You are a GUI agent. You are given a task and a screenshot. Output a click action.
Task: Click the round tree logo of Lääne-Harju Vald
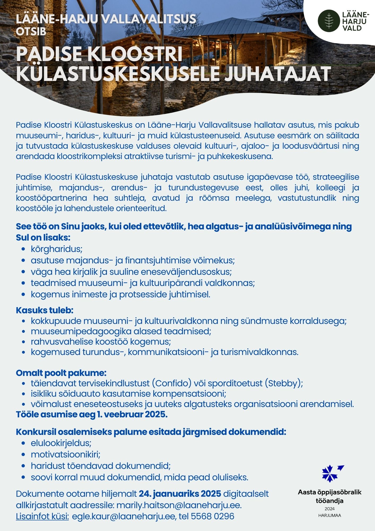[329, 21]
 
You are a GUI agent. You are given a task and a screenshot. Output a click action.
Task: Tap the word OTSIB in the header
[31, 32]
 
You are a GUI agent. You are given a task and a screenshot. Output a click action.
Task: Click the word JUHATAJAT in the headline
[278, 74]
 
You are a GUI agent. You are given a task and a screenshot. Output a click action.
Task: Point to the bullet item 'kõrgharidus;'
[57, 249]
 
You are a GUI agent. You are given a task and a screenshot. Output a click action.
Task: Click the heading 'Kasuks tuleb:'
[45, 310]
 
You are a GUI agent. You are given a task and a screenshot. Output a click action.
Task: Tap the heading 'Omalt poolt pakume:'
[61, 373]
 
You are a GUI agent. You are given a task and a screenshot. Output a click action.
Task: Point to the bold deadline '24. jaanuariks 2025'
[180, 494]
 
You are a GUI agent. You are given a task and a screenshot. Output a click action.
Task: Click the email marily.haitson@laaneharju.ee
[179, 505]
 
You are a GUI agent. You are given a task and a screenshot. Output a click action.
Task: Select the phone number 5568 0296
[212, 516]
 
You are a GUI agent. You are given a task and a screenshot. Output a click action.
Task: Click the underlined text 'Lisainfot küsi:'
[42, 516]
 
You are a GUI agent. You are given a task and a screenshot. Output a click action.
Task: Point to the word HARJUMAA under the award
[330, 516]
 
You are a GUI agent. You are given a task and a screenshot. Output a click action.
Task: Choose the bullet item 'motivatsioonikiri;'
[66, 455]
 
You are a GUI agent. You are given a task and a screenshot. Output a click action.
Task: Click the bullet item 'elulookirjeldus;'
[61, 443]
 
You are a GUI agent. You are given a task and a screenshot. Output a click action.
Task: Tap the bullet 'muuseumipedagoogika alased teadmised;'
[121, 331]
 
